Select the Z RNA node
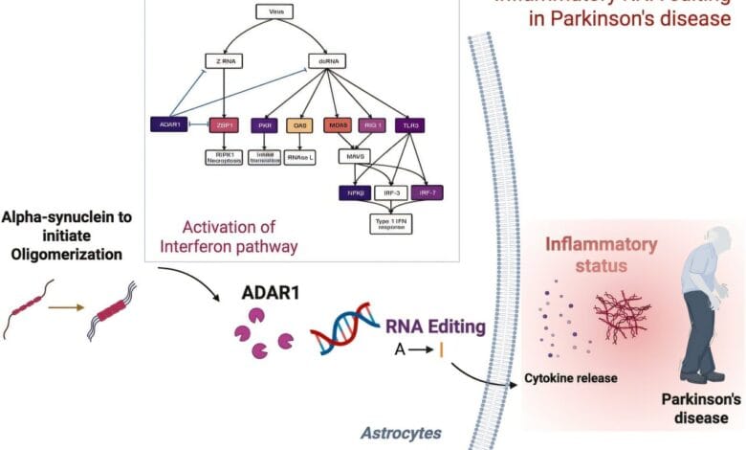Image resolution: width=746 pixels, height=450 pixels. (222, 60)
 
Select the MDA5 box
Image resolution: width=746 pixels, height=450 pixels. (338, 125)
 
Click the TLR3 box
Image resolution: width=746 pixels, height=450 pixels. (410, 125)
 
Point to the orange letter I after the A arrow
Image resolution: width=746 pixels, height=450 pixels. (442, 351)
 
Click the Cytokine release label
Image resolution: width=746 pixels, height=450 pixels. (570, 377)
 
